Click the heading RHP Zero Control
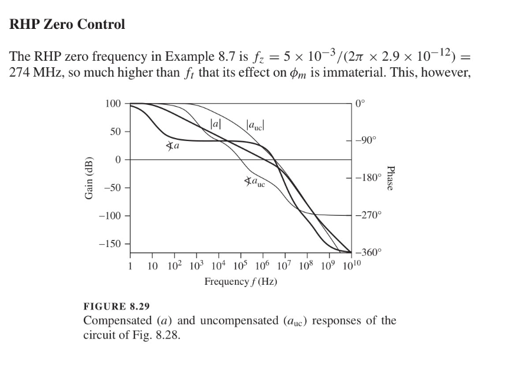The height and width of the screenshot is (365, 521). point(68,25)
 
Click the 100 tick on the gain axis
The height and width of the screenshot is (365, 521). point(113,104)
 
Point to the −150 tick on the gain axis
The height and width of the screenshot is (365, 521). point(110,244)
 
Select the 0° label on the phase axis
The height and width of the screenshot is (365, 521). point(361,103)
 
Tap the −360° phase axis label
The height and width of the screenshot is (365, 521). point(369,252)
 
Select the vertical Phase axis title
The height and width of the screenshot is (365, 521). point(390,177)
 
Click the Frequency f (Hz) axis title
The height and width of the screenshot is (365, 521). point(241,281)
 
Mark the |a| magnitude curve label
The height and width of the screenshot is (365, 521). point(216,124)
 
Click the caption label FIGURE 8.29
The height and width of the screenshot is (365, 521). point(117,306)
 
